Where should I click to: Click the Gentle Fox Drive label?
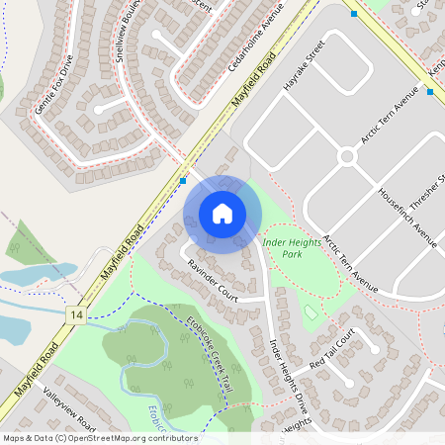[x=54, y=84]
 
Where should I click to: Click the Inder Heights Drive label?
[x=290, y=375]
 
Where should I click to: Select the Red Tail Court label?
[x=331, y=351]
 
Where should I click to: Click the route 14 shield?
[x=75, y=313]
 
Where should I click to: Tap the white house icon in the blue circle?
[x=222, y=214]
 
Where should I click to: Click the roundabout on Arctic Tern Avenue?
[x=347, y=156]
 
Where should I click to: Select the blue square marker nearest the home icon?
[x=184, y=181]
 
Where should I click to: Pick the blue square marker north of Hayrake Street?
[x=354, y=14]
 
